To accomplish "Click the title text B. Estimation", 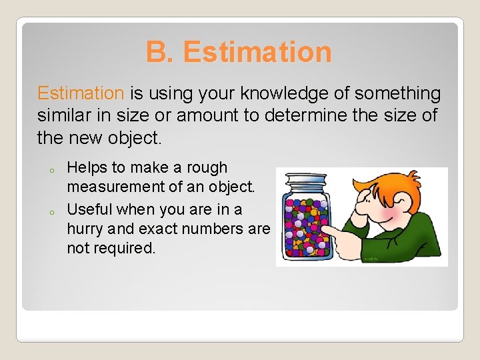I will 239,52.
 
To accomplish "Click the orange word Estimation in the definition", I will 81,93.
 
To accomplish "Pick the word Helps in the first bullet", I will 87,167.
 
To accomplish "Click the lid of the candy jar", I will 306,180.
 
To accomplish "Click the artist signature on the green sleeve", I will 371,259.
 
